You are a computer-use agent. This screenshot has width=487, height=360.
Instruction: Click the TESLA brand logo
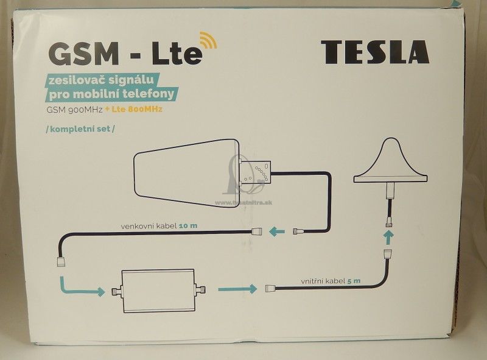(374, 52)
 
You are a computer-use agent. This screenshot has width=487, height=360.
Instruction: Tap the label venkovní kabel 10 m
(159, 226)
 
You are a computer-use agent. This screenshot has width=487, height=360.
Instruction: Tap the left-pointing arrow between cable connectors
(277, 231)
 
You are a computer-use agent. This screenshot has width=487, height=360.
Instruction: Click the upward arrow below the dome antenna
(387, 235)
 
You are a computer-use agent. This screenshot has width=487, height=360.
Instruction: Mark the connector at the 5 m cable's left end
(271, 289)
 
